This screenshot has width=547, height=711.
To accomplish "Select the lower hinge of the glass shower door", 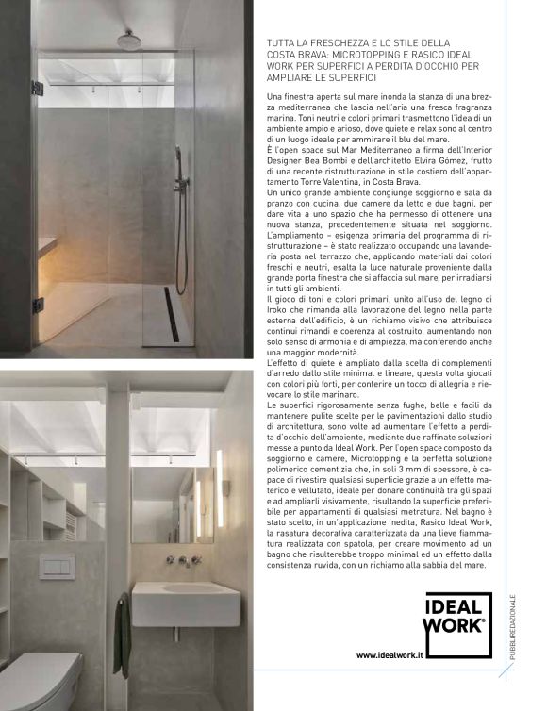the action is point(37,306).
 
